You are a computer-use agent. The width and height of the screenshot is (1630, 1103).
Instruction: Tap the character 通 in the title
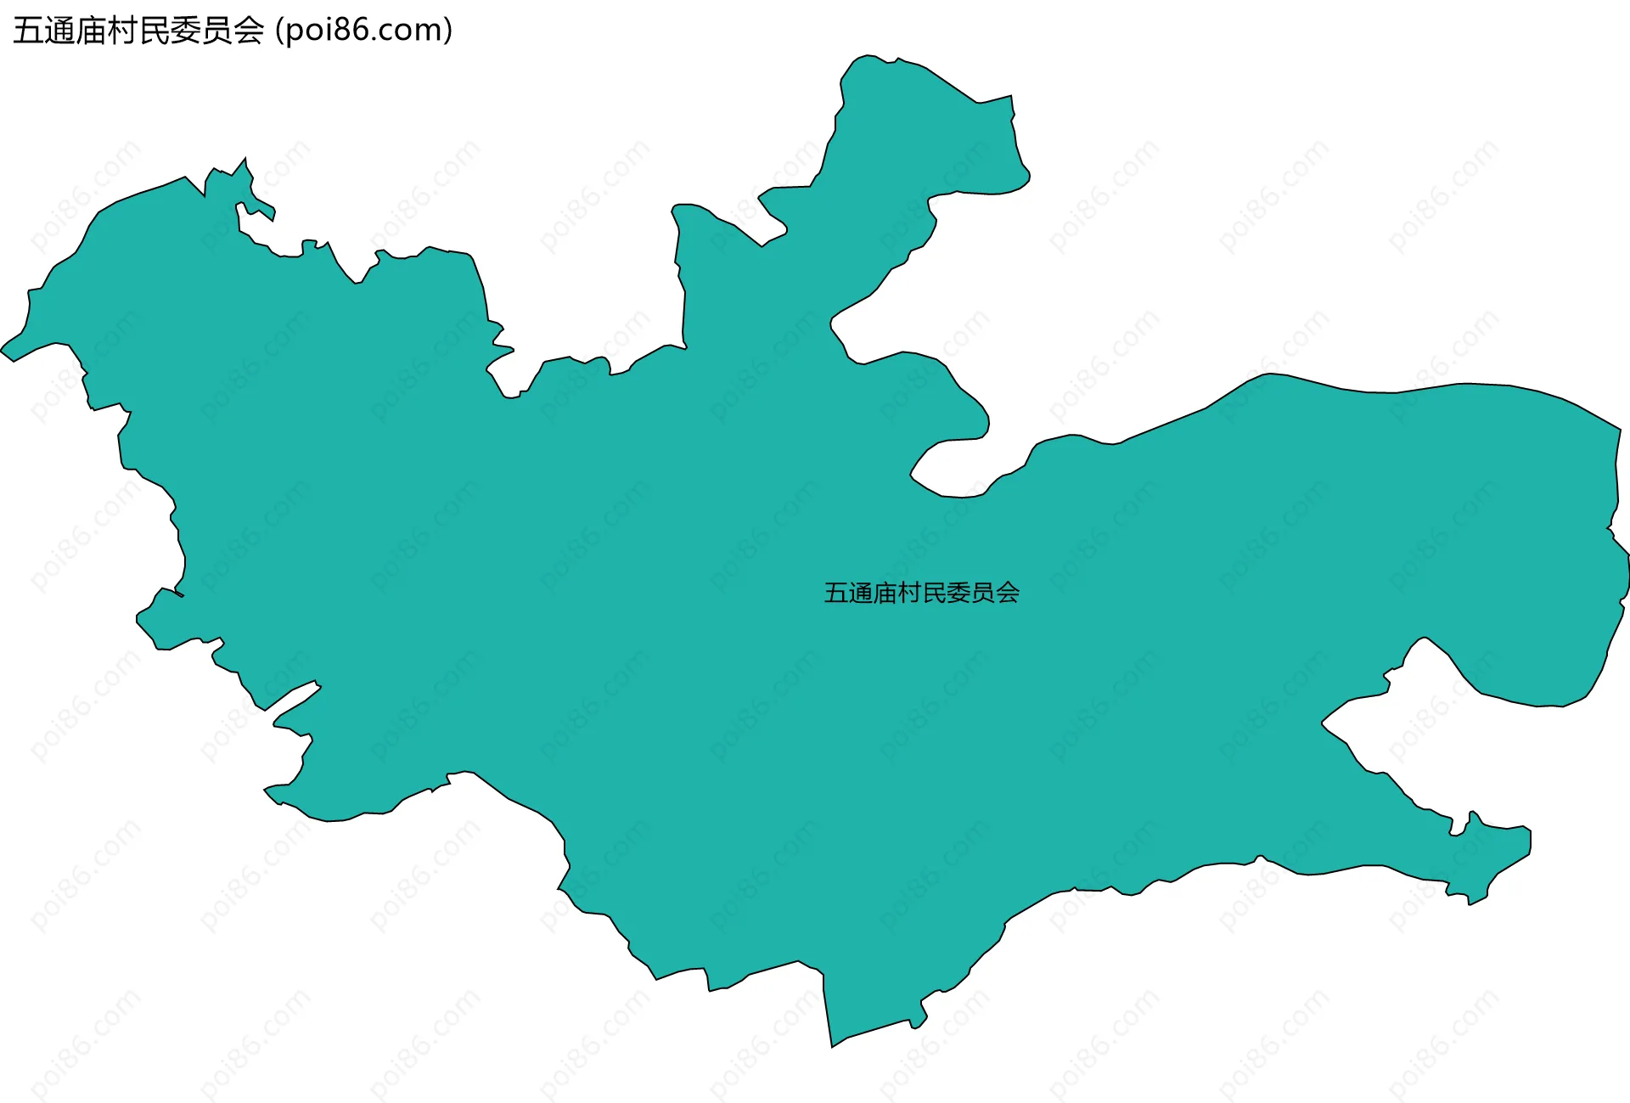pyautogui.click(x=60, y=31)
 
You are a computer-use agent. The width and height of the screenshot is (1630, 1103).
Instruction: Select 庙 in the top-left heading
pyautogui.click(x=92, y=31)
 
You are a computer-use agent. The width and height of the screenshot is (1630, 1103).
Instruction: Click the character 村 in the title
pyautogui.click(x=123, y=31)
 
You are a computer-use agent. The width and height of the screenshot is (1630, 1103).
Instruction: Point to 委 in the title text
pyautogui.click(x=186, y=31)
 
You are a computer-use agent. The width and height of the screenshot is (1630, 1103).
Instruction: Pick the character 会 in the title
pyautogui.click(x=249, y=31)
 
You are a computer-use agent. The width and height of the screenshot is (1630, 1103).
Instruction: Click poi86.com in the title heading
pyautogui.click(x=364, y=31)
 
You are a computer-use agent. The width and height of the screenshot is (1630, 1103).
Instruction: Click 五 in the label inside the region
pyautogui.click(x=836, y=593)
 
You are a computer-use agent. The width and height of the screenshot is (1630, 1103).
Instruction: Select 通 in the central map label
pyautogui.click(x=861, y=593)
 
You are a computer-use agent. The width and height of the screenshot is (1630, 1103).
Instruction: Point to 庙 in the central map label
pyautogui.click(x=885, y=593)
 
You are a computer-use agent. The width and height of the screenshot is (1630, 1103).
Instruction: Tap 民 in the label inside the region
pyautogui.click(x=934, y=593)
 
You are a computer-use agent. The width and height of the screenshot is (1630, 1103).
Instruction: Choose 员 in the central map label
pyautogui.click(x=983, y=593)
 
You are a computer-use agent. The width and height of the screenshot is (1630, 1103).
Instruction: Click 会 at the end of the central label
pyautogui.click(x=1008, y=593)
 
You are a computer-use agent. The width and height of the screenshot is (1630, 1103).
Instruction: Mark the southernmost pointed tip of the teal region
pyautogui.click(x=833, y=1045)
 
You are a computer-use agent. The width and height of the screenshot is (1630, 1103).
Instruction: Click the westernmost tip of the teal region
pyautogui.click(x=3, y=350)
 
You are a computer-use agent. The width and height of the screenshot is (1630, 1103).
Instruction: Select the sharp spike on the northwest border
pyautogui.click(x=245, y=159)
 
